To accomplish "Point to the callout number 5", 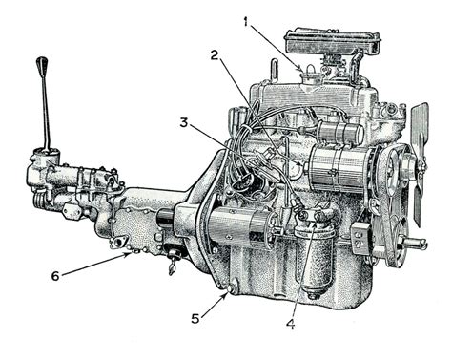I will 195,317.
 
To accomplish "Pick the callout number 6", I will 54,276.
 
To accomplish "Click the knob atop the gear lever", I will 41,68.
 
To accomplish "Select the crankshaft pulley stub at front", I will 417,243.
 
